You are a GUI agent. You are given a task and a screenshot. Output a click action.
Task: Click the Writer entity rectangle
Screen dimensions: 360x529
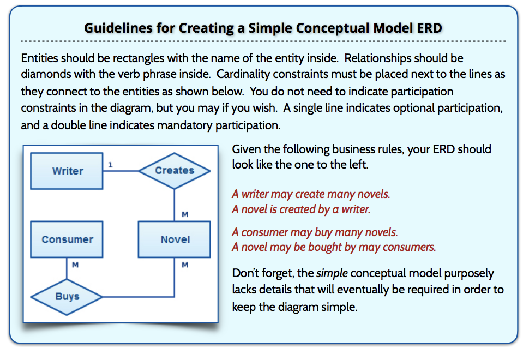[x=67, y=171]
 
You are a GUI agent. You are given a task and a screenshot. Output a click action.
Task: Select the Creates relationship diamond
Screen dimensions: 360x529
[x=174, y=171]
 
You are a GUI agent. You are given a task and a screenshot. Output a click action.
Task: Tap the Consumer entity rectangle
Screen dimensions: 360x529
[x=67, y=239]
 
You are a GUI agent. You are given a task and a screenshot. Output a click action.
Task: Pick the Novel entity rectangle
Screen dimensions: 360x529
[x=174, y=239]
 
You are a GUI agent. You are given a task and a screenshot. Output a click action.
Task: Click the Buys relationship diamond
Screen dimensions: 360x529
[x=67, y=297]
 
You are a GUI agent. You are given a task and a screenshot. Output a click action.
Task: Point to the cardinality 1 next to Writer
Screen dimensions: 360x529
[x=111, y=165]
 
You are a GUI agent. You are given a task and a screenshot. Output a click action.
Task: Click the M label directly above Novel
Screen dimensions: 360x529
[x=185, y=214]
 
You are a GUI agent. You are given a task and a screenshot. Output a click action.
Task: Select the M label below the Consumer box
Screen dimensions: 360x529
[x=75, y=265]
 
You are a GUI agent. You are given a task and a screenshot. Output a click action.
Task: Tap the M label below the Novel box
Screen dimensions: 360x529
[x=185, y=265]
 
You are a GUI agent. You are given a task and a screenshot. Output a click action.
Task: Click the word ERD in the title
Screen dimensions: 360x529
[x=428, y=28]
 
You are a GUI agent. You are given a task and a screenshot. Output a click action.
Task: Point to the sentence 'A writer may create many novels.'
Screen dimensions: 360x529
[x=311, y=194]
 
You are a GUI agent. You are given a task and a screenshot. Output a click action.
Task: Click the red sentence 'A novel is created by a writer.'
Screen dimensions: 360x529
[x=301, y=209]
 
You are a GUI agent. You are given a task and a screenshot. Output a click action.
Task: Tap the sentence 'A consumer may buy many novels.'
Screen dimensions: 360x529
[x=315, y=232]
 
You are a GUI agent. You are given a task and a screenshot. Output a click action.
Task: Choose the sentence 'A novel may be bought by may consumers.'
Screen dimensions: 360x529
[x=334, y=247]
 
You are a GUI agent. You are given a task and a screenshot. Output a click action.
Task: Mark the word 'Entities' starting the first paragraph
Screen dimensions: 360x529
[x=40, y=58]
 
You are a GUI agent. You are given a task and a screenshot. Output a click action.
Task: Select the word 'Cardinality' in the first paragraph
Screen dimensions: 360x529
[x=243, y=75]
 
